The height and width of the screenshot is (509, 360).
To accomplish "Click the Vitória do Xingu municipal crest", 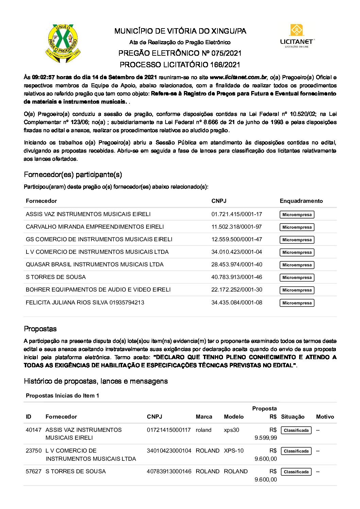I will click(x=63, y=43).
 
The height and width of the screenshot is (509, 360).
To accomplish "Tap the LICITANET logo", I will click(x=297, y=36).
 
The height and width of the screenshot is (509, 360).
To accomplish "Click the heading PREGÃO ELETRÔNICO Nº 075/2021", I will click(x=180, y=53).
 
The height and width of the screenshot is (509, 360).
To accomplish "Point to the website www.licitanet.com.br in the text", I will click(x=238, y=77).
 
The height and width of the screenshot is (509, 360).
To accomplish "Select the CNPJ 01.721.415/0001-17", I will click(x=237, y=214).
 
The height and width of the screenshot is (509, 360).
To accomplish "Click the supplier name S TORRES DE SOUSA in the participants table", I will click(x=56, y=277).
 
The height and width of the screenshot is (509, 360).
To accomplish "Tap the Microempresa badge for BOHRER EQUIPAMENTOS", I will click(x=297, y=290).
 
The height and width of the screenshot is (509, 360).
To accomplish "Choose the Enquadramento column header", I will click(x=301, y=201).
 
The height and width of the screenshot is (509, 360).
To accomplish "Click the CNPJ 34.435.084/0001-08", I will click(x=237, y=302).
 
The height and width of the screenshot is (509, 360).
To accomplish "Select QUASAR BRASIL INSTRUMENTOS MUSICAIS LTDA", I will click(x=95, y=264).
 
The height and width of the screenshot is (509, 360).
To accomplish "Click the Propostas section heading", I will click(x=40, y=329).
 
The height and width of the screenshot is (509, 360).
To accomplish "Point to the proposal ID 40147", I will click(x=33, y=430).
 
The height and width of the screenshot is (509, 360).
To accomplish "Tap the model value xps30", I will click(x=232, y=430).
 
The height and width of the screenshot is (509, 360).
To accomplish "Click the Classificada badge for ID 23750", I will click(x=296, y=451).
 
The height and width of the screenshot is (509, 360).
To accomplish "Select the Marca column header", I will click(x=204, y=417).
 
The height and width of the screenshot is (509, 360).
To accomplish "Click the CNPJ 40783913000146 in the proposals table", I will click(x=169, y=471).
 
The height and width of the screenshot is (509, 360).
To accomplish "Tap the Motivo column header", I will click(x=325, y=417).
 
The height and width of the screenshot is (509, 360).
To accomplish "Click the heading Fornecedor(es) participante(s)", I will click(x=73, y=175).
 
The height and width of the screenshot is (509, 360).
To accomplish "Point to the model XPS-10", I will click(x=234, y=451).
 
